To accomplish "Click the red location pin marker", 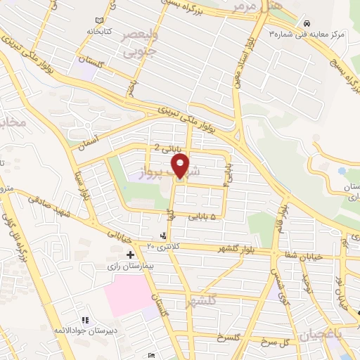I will [x=181, y=167].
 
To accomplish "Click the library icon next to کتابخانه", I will [x=107, y=20].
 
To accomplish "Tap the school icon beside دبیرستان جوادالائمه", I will [x=86, y=320].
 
